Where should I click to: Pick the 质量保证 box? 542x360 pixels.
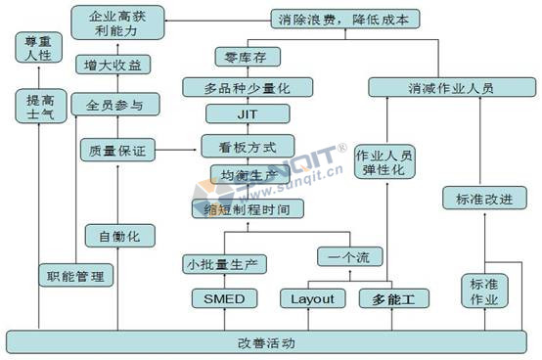point(115,151)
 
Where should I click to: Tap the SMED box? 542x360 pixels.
point(225,298)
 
